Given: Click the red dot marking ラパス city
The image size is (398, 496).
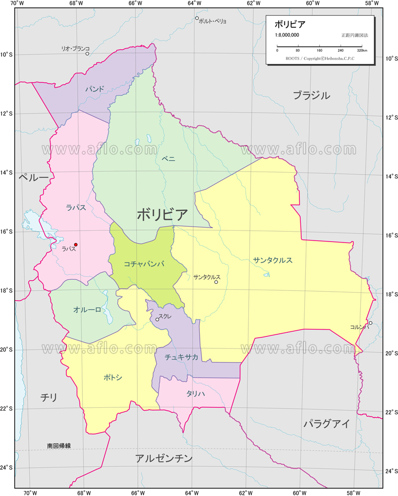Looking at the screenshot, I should [x=76, y=245].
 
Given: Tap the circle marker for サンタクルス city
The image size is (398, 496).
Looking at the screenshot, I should [x=216, y=282].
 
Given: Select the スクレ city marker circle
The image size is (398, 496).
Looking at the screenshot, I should [x=157, y=319].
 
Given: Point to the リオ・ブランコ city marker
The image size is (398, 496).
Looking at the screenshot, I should [x=87, y=54].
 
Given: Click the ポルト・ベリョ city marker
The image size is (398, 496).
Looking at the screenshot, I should [x=197, y=18].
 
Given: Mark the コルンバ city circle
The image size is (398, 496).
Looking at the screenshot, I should [x=370, y=323].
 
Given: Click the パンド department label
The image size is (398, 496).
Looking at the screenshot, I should [x=94, y=89].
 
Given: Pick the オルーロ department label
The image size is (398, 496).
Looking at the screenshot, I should [x=87, y=310].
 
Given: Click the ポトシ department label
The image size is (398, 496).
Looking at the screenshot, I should [x=113, y=377].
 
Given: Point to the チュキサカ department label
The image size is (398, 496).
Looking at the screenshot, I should [x=181, y=357].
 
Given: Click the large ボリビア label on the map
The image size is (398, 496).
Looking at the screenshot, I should [x=162, y=215].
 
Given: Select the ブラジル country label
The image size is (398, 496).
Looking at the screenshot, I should [x=311, y=96].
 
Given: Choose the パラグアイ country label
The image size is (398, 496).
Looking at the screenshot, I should [x=326, y=424].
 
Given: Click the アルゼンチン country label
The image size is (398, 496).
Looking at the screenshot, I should [x=164, y=458].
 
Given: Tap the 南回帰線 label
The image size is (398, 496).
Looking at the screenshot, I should [x=59, y=446].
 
